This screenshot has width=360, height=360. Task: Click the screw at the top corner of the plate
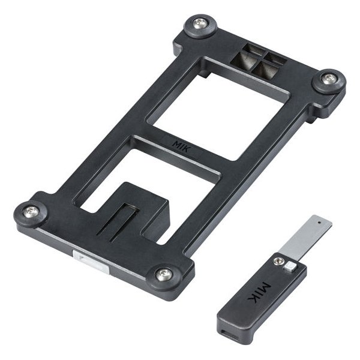click(x=200, y=24)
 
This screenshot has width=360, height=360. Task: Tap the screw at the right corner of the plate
click(x=329, y=79)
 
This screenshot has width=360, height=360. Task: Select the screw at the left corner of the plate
click(x=31, y=212)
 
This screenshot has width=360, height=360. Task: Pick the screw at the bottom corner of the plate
click(x=164, y=273)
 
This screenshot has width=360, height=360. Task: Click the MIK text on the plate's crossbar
click(x=181, y=147)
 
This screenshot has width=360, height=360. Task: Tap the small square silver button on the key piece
click(x=290, y=266)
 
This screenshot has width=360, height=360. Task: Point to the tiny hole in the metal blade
click(x=319, y=223)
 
